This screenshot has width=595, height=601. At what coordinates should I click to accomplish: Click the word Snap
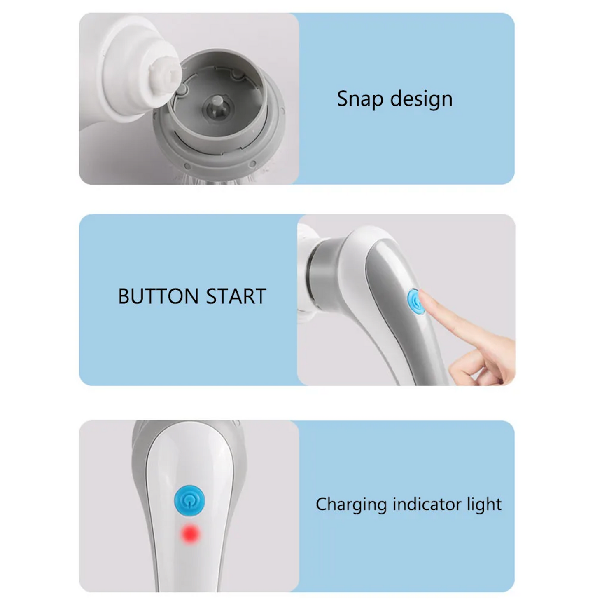[360, 99]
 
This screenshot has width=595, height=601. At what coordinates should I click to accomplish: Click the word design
[421, 99]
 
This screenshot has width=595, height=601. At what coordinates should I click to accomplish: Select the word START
[236, 296]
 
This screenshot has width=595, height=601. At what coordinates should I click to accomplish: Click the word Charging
[351, 504]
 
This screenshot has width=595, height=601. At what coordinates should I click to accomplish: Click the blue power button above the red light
[189, 500]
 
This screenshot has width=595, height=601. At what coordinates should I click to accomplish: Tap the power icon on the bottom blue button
[189, 500]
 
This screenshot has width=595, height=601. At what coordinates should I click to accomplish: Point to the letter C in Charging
[322, 504]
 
